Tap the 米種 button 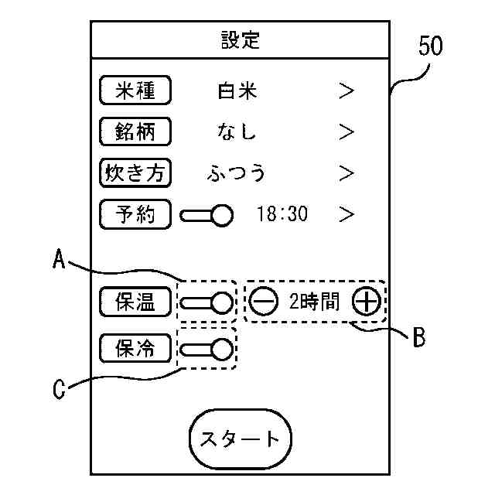coord(135,90)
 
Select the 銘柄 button coord(135,131)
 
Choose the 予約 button coord(135,213)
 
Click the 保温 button coord(135,302)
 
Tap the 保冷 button coord(135,349)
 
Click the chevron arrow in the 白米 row coord(346,91)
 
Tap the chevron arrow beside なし coord(346,132)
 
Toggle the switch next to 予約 coord(207,214)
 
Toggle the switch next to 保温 coord(207,302)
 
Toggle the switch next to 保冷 coord(207,350)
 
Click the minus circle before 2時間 coord(265,302)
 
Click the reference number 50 coord(430,46)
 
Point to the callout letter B coord(418,338)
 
